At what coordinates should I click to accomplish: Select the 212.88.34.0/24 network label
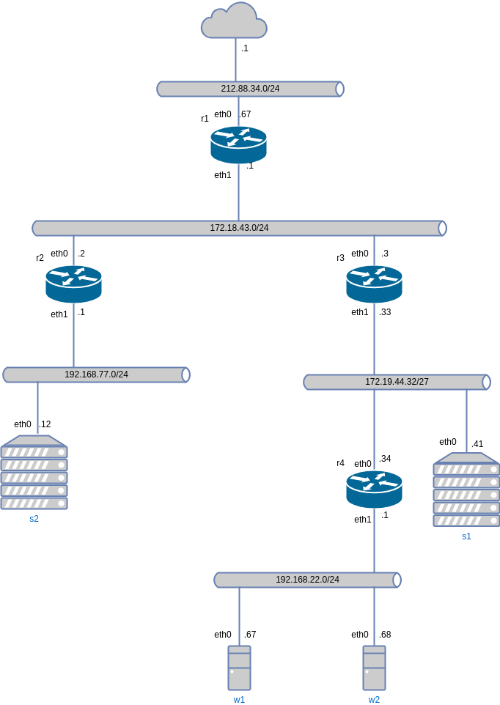[x=250, y=89]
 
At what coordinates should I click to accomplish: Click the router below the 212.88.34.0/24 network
[x=238, y=144]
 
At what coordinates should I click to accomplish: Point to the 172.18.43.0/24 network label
[x=239, y=228]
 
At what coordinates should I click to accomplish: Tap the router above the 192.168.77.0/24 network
[x=73, y=284]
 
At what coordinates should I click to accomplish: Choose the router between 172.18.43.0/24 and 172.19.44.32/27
[x=374, y=284]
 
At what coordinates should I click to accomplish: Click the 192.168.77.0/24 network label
[x=96, y=374]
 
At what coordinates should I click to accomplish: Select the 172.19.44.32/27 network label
[x=397, y=382]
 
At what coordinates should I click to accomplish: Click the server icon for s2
[x=34, y=473]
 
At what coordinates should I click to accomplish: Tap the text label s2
[x=34, y=519]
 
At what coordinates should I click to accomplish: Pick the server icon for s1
[x=466, y=490]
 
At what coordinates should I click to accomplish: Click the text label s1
[x=466, y=536]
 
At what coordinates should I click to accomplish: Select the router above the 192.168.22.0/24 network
[x=374, y=489]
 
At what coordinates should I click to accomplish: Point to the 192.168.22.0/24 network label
[x=307, y=580]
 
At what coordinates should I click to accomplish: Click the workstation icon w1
[x=239, y=668]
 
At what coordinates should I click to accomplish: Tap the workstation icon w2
[x=374, y=668]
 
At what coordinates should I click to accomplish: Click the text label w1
[x=239, y=700]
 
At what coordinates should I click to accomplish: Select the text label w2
[x=374, y=700]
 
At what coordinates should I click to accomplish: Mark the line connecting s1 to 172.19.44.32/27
[x=466, y=421]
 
